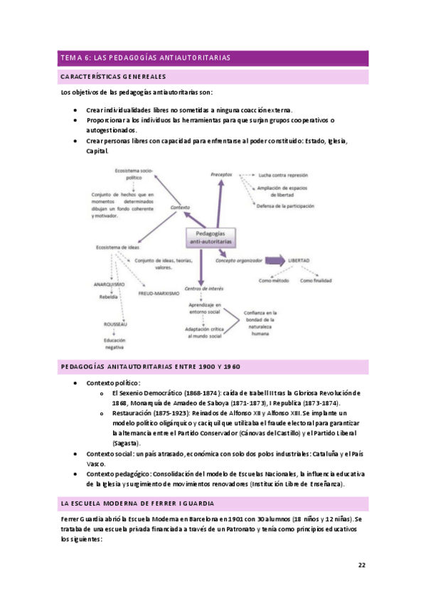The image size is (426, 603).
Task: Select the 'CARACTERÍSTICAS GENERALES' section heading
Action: point(113,76)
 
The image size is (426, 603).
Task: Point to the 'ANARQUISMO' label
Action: point(109,283)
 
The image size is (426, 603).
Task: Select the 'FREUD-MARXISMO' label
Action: point(159,292)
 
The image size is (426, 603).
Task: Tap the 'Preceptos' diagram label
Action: point(222,174)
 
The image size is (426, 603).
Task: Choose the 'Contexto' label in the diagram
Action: point(181,207)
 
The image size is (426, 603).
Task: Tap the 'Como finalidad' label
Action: point(315,280)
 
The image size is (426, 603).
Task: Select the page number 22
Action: point(363,565)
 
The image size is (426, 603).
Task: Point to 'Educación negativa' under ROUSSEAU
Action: point(115,343)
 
